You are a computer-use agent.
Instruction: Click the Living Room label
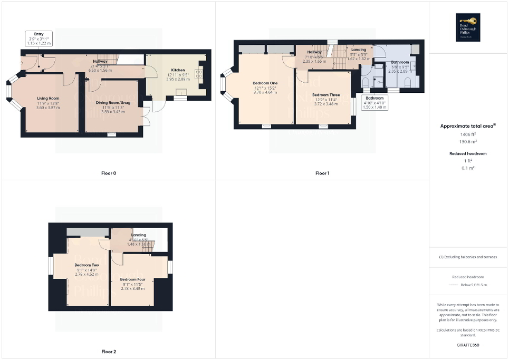click(47, 99)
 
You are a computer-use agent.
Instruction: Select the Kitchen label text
click(178, 70)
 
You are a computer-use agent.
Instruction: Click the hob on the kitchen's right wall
click(200, 73)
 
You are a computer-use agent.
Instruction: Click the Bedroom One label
click(265, 83)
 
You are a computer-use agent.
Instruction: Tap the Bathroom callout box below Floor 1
click(375, 102)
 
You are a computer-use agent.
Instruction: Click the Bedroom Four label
click(132, 279)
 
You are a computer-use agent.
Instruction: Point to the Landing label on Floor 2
click(139, 235)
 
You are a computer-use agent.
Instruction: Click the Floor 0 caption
click(109, 173)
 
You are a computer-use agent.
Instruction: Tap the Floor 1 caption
click(322, 173)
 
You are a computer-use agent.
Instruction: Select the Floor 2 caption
click(109, 351)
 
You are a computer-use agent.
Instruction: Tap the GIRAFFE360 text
click(468, 345)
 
